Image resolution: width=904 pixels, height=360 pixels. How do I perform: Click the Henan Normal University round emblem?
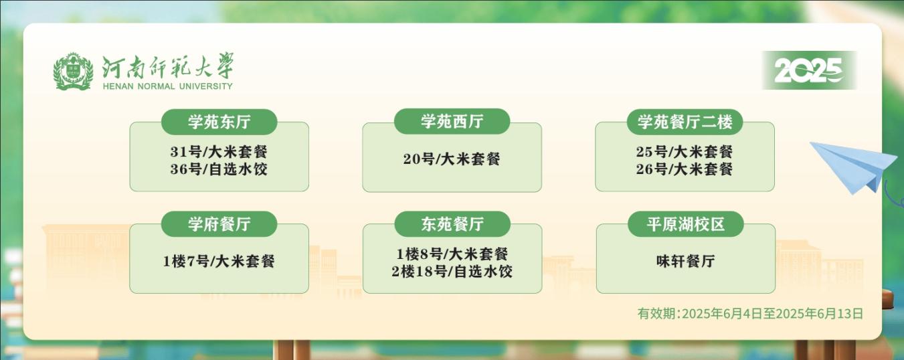click(73, 71)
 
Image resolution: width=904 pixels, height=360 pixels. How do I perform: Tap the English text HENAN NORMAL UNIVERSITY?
click(167, 86)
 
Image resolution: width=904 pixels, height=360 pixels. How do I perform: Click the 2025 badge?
click(809, 70)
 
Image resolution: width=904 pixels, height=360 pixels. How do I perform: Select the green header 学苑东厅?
click(219, 122)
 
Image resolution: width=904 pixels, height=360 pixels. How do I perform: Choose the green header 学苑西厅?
click(452, 121)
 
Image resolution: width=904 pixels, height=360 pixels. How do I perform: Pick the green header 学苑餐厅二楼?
click(685, 122)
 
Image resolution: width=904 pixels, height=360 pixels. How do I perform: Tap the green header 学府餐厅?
click(219, 224)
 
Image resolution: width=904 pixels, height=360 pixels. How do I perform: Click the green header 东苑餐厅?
click(452, 224)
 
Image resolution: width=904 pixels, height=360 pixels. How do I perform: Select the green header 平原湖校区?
click(686, 224)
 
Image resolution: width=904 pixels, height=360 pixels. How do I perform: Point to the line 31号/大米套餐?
click(219, 152)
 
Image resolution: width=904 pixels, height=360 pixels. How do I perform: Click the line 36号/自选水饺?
click(219, 169)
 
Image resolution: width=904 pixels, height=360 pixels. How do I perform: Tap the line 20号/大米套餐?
click(452, 159)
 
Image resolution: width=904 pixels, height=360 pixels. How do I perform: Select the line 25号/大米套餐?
click(685, 152)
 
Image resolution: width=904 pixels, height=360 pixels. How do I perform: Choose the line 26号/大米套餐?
click(685, 169)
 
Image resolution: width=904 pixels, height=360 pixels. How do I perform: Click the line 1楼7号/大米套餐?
click(219, 261)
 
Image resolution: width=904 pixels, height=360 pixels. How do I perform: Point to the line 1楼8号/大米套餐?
click(452, 254)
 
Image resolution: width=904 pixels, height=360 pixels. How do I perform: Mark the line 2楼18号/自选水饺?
click(452, 271)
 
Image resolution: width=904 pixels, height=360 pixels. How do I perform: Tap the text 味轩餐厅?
click(686, 261)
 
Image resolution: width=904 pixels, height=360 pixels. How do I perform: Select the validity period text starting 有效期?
click(750, 314)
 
